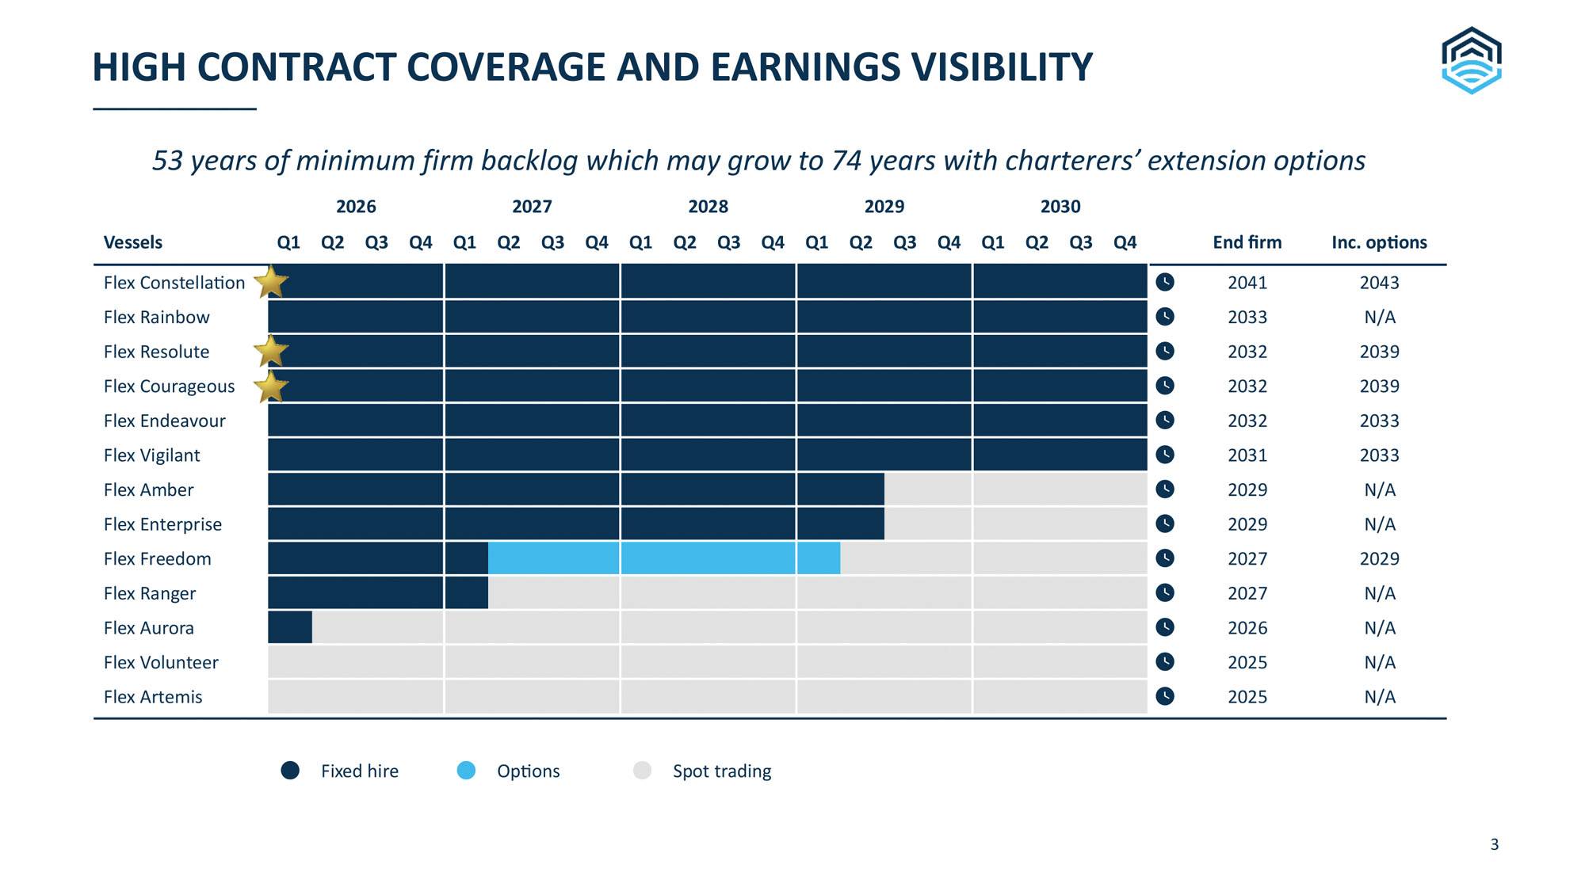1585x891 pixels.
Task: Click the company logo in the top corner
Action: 1471,60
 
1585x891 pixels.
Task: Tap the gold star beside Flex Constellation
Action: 271,282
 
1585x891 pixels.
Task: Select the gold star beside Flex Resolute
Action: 271,351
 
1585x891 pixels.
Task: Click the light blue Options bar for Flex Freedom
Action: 664,558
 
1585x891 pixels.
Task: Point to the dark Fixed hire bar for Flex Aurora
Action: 290,627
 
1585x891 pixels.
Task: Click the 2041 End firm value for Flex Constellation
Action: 1247,283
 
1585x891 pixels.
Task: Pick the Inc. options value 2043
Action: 1380,283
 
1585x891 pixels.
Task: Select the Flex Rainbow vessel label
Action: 157,317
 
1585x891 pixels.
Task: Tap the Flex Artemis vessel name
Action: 153,697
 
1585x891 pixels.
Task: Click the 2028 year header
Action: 708,207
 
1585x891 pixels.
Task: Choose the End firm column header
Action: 1247,242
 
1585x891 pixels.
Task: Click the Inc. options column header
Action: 1380,242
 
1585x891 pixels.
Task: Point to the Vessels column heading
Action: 133,242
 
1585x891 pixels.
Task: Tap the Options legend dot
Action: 467,771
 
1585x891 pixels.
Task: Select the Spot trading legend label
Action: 722,771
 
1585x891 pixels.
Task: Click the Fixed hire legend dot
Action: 290,771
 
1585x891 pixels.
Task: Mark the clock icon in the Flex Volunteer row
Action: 1165,661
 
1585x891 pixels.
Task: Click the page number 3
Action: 1495,844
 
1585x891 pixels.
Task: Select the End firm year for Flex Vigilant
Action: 1247,455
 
